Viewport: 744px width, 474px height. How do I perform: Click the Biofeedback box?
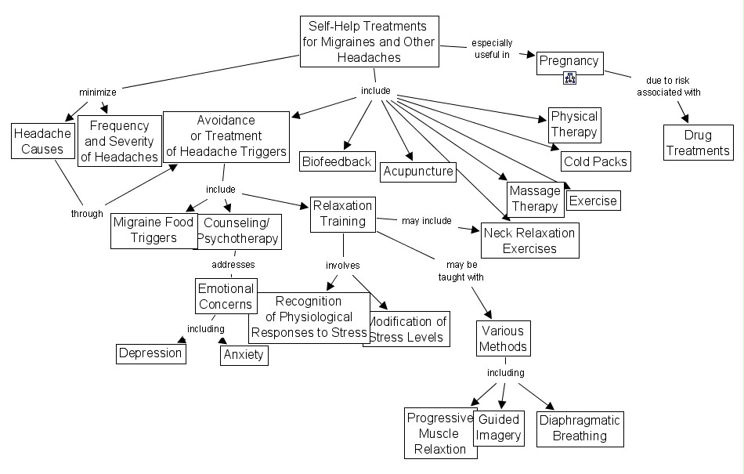pos(337,162)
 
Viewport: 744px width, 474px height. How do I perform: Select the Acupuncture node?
pos(418,172)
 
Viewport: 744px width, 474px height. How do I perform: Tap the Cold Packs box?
pos(595,161)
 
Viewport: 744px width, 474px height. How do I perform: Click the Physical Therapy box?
pos(573,125)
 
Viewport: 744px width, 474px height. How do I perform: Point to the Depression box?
pos(150,353)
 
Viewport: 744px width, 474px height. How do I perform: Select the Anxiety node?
pos(244,355)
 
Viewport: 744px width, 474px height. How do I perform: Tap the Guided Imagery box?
pos(499,428)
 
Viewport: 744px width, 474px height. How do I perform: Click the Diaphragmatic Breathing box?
pos(580,429)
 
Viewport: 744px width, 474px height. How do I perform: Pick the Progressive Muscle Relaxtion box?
pos(439,433)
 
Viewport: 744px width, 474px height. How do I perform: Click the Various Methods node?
pos(503,338)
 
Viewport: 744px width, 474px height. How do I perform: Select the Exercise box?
pos(592,201)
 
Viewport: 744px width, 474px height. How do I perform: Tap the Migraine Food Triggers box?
pos(153,230)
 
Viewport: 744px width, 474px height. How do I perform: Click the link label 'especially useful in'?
pos(492,49)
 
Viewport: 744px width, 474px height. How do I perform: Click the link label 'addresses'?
pos(233,264)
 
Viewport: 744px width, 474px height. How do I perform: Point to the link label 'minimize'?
pos(98,92)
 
